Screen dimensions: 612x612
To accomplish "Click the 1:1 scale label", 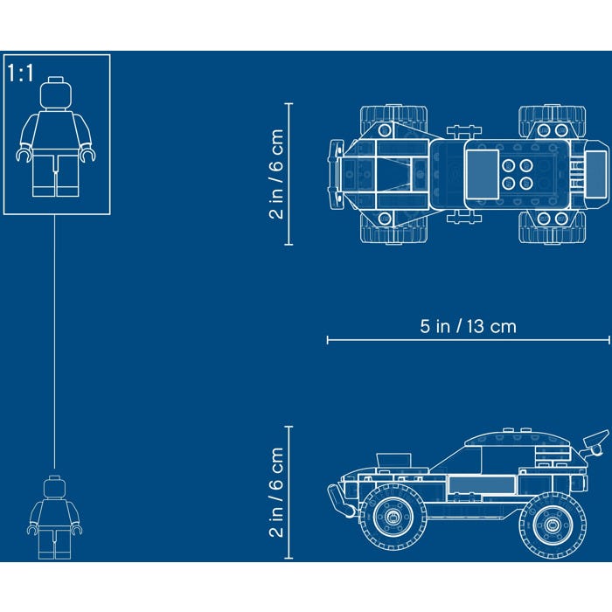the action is [x=21, y=73].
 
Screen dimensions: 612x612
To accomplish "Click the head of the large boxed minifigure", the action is [x=56, y=94].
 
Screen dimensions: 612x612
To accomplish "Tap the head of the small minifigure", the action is [x=54, y=487].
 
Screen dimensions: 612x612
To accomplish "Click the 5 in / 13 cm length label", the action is [x=468, y=326].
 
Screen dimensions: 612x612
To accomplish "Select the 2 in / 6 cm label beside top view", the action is [x=276, y=174].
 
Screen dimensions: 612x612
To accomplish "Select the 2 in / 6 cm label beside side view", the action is [x=276, y=492].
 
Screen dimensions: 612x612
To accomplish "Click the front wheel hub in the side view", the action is [x=393, y=517].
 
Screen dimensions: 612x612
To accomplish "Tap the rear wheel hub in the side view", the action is [x=552, y=525].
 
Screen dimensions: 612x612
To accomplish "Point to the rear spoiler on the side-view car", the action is [x=596, y=442].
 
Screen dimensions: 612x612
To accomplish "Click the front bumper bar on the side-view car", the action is [x=340, y=500].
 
